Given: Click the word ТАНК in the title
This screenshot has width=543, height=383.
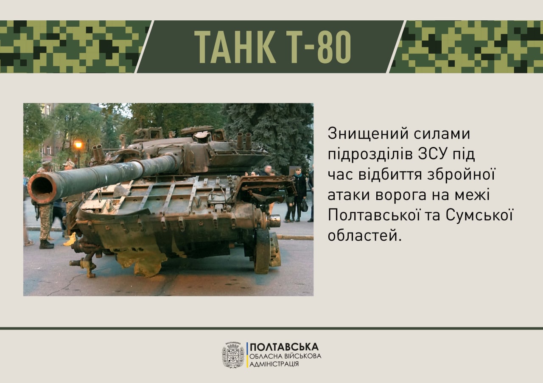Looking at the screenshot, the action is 235,47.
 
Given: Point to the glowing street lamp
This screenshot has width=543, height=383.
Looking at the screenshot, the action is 78,145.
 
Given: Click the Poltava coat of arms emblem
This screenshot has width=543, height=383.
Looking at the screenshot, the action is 233,355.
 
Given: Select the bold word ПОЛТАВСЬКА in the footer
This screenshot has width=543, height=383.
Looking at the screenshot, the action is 284,347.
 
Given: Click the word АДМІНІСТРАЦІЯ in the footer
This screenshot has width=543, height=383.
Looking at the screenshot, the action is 274,364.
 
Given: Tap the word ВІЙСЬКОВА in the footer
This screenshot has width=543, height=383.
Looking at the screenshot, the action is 302,356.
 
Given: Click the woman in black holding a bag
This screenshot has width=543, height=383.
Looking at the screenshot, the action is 299,194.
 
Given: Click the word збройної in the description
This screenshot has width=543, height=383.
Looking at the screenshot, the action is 461,174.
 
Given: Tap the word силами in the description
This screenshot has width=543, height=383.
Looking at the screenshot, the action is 442,133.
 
